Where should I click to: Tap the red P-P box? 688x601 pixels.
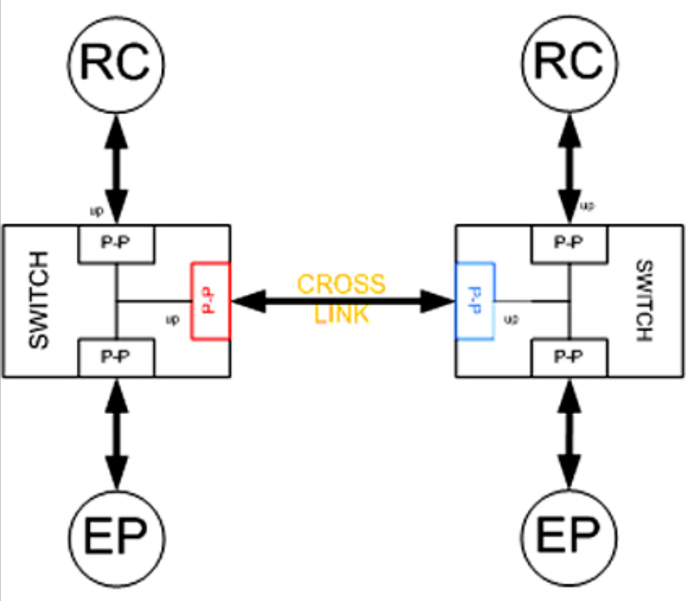pos(211,301)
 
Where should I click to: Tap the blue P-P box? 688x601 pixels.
pos(475,301)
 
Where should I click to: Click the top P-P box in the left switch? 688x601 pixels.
pos(116,244)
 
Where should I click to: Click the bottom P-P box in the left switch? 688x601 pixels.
pos(116,358)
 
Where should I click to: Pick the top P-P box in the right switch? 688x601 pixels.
pos(569,244)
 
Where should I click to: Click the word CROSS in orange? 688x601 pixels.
pos(341,284)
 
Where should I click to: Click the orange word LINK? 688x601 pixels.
pos(341,314)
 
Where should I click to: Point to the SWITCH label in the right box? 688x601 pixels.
pos(645,301)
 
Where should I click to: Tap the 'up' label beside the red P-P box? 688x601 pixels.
pos(173,319)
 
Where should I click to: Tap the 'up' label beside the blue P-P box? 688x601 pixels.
pos(512,319)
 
